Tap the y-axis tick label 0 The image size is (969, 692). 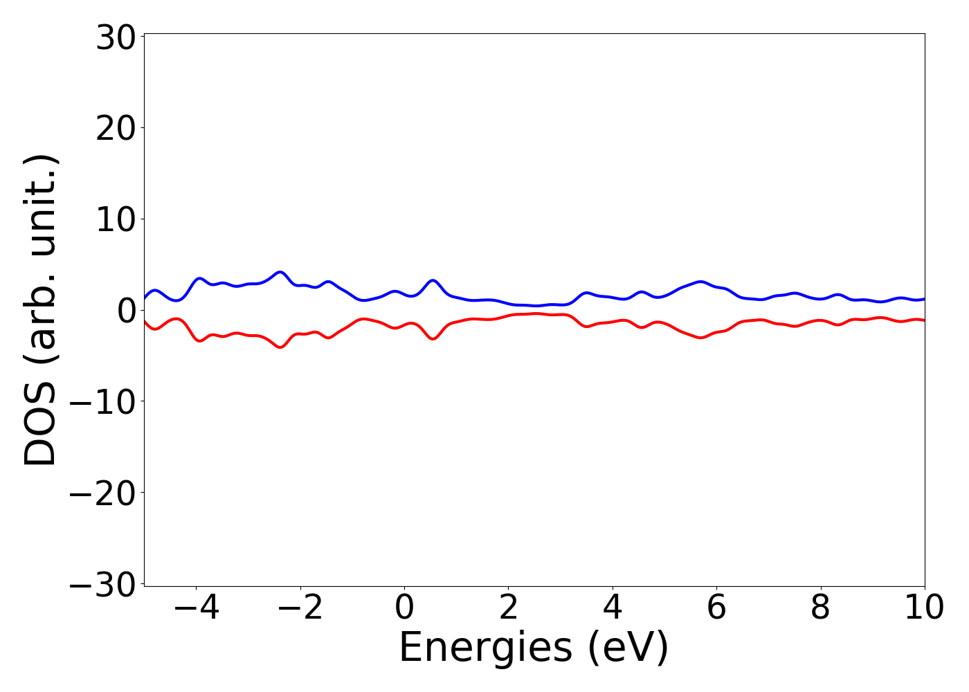(125, 311)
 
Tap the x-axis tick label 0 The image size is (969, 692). (404, 608)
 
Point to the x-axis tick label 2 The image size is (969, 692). (509, 608)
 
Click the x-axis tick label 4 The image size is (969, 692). (613, 608)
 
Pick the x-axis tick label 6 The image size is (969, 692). (716, 608)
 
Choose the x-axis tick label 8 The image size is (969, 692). (820, 608)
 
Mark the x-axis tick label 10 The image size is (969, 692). (924, 608)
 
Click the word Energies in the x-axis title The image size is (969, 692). (486, 648)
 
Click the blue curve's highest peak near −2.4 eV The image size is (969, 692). (280, 272)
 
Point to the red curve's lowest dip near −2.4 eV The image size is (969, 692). (280, 347)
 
